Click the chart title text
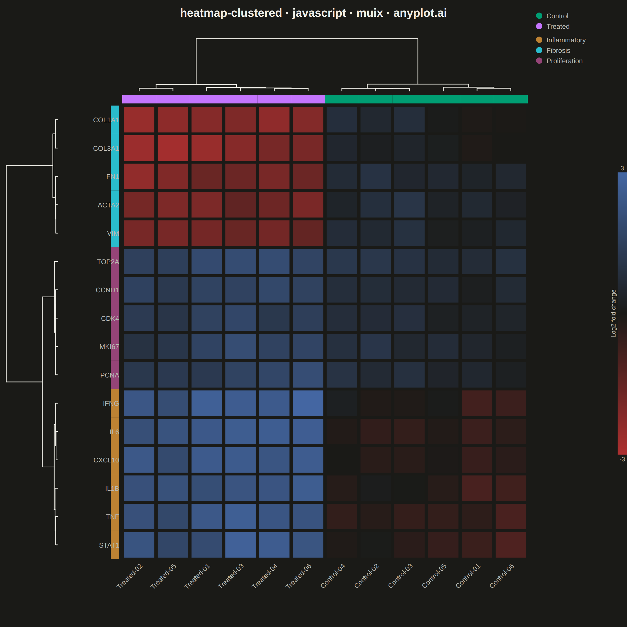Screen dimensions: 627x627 pos(313,13)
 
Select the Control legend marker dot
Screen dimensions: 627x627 pos(539,16)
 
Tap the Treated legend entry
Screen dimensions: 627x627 pos(553,26)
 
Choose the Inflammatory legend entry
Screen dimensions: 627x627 pos(561,40)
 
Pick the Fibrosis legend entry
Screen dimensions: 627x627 pos(553,50)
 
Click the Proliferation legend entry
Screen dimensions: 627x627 pos(559,61)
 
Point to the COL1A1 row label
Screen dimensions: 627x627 pos(106,120)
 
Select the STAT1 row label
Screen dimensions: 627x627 pos(109,545)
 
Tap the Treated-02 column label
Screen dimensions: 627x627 pos(130,576)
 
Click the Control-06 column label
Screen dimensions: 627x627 pos(502,576)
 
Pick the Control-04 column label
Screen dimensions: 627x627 pos(333,576)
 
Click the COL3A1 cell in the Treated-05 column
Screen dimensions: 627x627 pos(173,148)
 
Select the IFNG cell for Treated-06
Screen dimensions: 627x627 pos(308,403)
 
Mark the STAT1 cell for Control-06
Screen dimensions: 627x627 pos(511,545)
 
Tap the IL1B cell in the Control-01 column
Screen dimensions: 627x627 pos(477,488)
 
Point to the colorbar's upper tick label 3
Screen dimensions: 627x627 pos(622,168)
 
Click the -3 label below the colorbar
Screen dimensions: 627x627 pos(622,459)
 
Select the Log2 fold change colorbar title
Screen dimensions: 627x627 pos(613,313)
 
